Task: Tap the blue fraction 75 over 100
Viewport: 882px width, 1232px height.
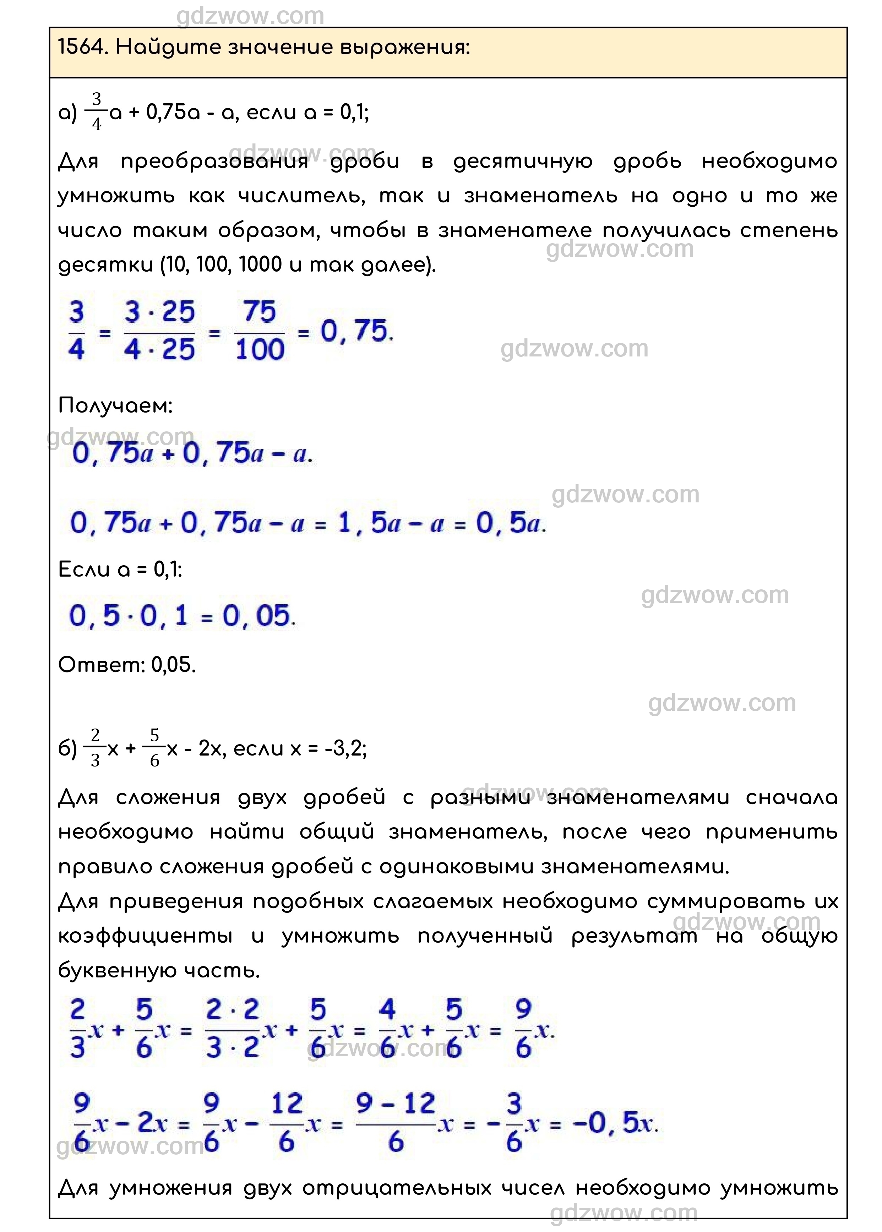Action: pyautogui.click(x=260, y=331)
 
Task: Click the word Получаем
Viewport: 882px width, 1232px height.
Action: pyautogui.click(x=115, y=405)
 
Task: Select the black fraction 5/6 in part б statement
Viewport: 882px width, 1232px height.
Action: pyautogui.click(x=154, y=748)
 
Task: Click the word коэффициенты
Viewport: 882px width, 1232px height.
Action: pyautogui.click(x=146, y=936)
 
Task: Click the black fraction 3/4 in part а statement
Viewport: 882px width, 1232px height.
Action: pyautogui.click(x=97, y=112)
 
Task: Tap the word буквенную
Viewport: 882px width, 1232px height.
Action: pyautogui.click(x=113, y=970)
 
